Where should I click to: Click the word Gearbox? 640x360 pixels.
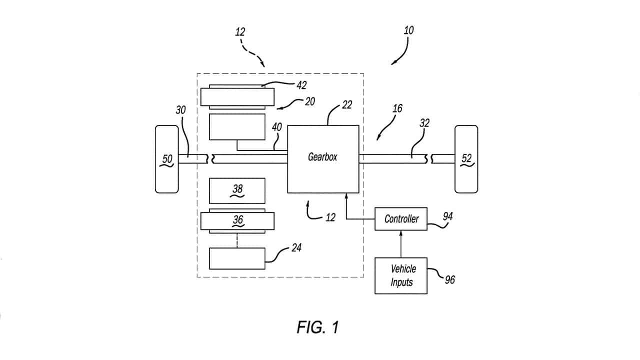pos(322,157)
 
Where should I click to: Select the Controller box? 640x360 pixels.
pos(401,219)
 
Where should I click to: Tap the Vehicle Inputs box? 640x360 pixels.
pos(401,275)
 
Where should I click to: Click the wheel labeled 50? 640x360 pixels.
pos(167,159)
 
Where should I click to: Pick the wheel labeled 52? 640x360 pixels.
pos(466,159)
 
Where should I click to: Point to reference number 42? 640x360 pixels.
pos(301,85)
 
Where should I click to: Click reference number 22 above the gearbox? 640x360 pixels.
pos(347,105)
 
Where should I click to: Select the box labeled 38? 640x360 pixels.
pos(237,191)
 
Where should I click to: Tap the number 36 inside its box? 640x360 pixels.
pos(238,219)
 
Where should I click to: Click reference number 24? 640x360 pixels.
pos(296,247)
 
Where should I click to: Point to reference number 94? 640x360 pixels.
pos(447,216)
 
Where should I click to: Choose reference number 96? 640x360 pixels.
pos(450,280)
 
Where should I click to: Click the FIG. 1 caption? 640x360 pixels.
pos(317,327)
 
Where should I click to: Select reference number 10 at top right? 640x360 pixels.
pos(408,30)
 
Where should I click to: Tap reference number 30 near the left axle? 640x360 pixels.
pos(180,110)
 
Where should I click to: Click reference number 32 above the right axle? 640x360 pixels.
pos(424,123)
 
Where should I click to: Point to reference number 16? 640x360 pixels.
pos(397,108)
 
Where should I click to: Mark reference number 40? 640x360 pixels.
pos(276,127)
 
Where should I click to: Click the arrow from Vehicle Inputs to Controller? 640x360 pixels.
pos(401,244)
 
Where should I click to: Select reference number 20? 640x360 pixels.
pos(310,101)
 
